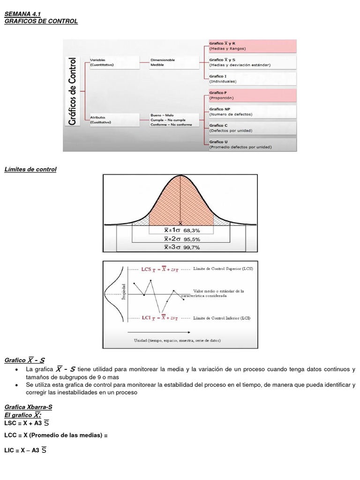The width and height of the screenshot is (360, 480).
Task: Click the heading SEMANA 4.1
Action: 22,15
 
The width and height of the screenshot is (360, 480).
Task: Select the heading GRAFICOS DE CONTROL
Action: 41,21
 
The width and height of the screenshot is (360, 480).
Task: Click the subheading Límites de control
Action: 30,169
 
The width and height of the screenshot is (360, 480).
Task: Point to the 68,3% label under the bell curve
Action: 192,230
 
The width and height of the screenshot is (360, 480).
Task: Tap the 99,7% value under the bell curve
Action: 192,247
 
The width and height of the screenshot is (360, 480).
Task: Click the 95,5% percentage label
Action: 192,239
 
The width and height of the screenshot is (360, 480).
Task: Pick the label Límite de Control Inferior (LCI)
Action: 222,318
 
